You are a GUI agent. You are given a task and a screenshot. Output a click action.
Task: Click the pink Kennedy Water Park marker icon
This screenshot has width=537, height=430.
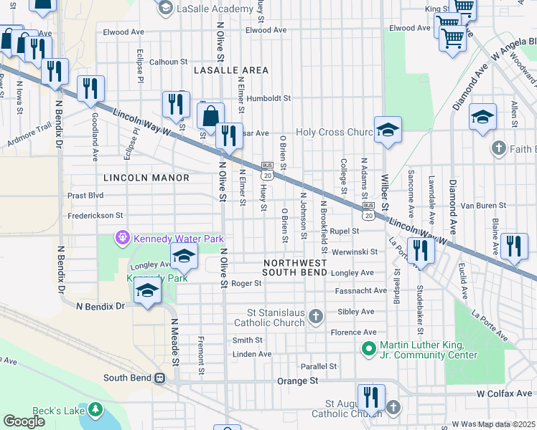123,237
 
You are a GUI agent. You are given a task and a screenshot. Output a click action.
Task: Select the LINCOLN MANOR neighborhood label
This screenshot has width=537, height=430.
146,178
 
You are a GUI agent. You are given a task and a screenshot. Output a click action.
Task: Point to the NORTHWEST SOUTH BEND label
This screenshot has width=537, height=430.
294,267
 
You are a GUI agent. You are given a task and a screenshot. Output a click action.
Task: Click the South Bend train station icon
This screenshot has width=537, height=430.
160,378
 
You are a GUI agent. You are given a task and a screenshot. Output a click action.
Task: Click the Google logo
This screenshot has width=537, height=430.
24,421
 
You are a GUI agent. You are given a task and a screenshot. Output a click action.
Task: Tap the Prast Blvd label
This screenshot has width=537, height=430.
85,195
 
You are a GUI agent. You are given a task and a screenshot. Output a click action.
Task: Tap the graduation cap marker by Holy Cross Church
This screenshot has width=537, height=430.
387,130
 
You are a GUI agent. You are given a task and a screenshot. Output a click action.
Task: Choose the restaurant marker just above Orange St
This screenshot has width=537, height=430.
371,396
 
